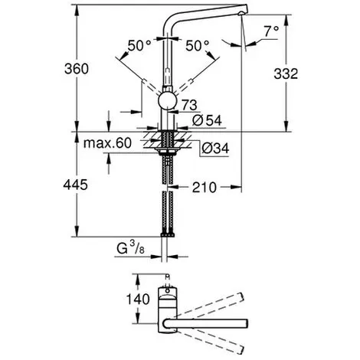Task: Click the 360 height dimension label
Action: tap(77, 69)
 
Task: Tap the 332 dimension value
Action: tap(286, 74)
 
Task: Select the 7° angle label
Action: tap(271, 31)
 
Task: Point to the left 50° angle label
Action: tap(139, 46)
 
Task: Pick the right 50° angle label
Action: tap(197, 46)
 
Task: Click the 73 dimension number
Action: tap(189, 105)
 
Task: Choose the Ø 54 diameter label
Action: tap(207, 120)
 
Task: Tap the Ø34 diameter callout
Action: tap(215, 148)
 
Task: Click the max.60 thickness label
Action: tap(107, 143)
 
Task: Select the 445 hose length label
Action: tap(75, 185)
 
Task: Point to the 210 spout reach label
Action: tap(205, 188)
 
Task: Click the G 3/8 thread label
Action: tap(130, 248)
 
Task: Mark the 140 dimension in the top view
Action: tap(138, 299)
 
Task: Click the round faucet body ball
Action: tap(167, 101)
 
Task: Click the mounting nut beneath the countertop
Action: tap(167, 151)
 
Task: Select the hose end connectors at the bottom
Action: tap(167, 234)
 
